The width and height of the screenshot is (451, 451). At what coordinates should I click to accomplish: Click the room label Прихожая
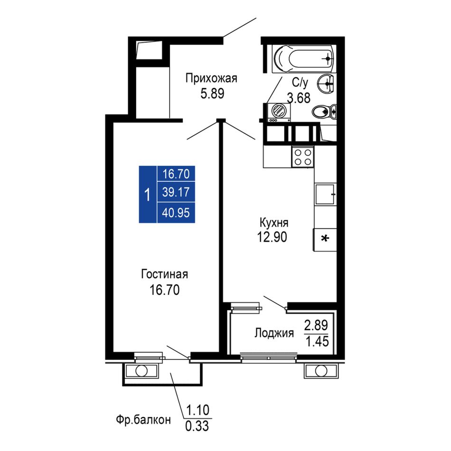(x=211, y=78)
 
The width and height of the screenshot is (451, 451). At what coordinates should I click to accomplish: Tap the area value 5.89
(x=212, y=94)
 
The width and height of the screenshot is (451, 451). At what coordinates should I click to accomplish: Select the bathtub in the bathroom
(x=303, y=59)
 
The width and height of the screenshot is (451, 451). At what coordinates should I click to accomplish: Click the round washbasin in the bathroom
(x=326, y=84)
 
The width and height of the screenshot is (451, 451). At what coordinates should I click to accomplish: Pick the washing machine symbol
(x=279, y=113)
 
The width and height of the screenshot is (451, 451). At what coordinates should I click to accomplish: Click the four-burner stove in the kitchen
(x=303, y=157)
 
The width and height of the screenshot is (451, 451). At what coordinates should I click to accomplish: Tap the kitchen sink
(x=325, y=194)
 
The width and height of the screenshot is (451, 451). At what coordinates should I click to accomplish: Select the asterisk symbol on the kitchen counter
(x=325, y=239)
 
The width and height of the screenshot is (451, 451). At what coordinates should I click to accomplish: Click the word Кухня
(x=274, y=223)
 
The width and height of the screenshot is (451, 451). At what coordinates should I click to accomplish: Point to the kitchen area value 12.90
(x=272, y=237)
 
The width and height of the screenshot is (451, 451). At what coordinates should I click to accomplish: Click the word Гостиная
(x=165, y=274)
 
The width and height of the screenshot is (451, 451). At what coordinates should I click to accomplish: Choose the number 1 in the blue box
(x=148, y=195)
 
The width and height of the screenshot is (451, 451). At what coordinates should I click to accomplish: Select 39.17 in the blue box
(x=176, y=192)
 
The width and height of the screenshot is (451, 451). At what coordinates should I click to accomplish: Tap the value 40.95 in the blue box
(x=176, y=213)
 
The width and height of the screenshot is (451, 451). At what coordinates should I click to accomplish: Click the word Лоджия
(x=274, y=333)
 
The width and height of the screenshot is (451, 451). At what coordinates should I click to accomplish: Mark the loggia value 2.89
(x=316, y=325)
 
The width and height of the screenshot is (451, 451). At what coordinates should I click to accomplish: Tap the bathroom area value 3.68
(x=299, y=98)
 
